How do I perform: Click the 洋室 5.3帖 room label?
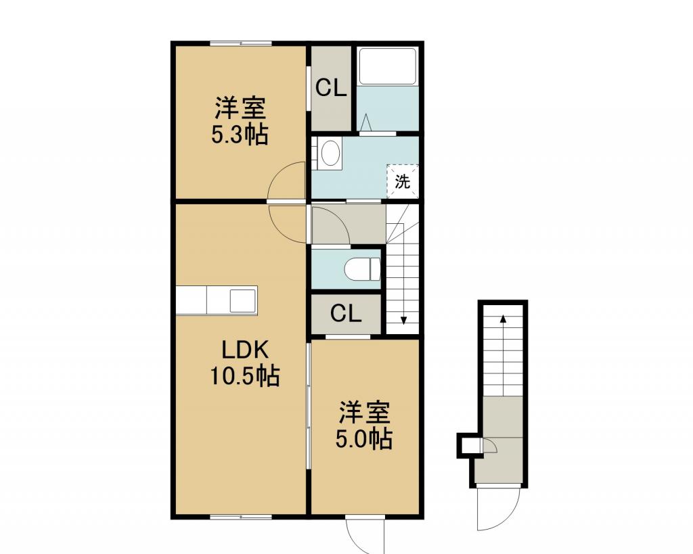[240, 120]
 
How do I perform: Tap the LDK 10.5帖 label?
[244, 363]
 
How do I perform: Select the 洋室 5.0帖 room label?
[363, 425]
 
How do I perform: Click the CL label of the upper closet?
[330, 88]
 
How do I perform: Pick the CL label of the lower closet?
[346, 314]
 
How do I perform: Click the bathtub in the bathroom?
[388, 66]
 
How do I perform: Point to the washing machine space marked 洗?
[402, 181]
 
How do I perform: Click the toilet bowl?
[362, 269]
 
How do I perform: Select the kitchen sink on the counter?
[243, 300]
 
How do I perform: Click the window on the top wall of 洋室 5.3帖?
[240, 43]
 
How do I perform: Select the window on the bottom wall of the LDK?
[240, 517]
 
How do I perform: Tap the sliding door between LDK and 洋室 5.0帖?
[309, 405]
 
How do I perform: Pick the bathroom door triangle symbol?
[366, 122]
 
